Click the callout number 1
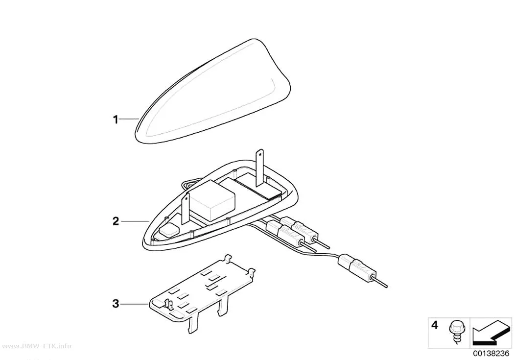point(116,120)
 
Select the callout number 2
point(116,221)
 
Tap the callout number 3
point(116,304)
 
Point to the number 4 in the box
point(435,325)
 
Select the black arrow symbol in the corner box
point(491,333)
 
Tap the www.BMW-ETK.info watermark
point(36,346)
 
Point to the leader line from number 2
point(135,221)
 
